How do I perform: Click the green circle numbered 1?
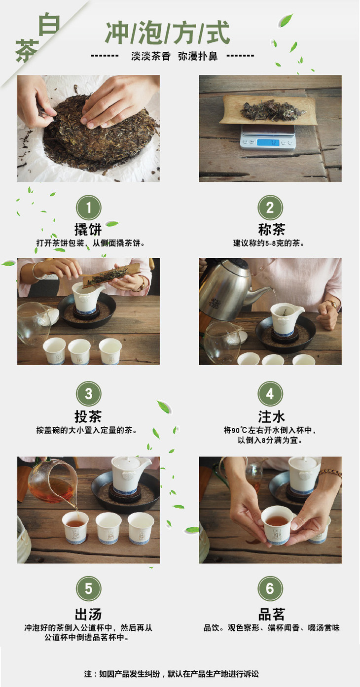click(88, 207)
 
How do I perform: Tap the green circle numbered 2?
click(270, 207)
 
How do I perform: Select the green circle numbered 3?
click(88, 394)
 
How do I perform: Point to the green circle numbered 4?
click(270, 394)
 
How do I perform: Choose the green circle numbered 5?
click(88, 588)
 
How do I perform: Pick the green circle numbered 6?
click(270, 588)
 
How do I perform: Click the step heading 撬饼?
click(88, 229)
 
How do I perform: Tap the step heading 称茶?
click(271, 229)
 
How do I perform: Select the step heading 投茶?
click(88, 416)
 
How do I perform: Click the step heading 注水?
click(271, 416)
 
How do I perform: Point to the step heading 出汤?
click(88, 615)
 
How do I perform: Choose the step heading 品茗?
click(271, 615)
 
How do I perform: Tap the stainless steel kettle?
click(227, 288)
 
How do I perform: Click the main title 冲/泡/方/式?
click(168, 33)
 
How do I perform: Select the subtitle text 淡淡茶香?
click(150, 56)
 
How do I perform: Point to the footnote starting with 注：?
click(171, 674)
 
